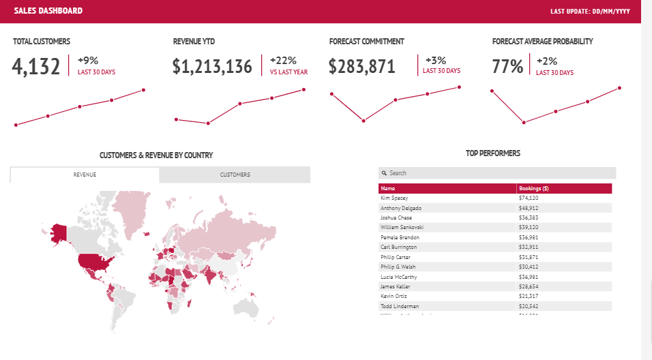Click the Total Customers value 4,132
(36, 66)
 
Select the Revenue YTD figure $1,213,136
(212, 66)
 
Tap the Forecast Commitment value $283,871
(361, 66)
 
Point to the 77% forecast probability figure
(507, 66)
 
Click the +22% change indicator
(283, 60)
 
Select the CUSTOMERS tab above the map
(235, 175)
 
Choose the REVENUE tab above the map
(85, 175)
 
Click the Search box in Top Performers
(497, 173)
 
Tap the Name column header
(388, 188)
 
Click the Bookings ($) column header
(534, 188)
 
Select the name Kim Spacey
(394, 198)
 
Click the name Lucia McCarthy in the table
(398, 277)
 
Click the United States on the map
(93, 262)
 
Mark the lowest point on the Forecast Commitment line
(364, 121)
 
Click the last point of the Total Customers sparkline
(144, 89)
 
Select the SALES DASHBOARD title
(48, 11)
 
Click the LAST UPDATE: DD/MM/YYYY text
(590, 12)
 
